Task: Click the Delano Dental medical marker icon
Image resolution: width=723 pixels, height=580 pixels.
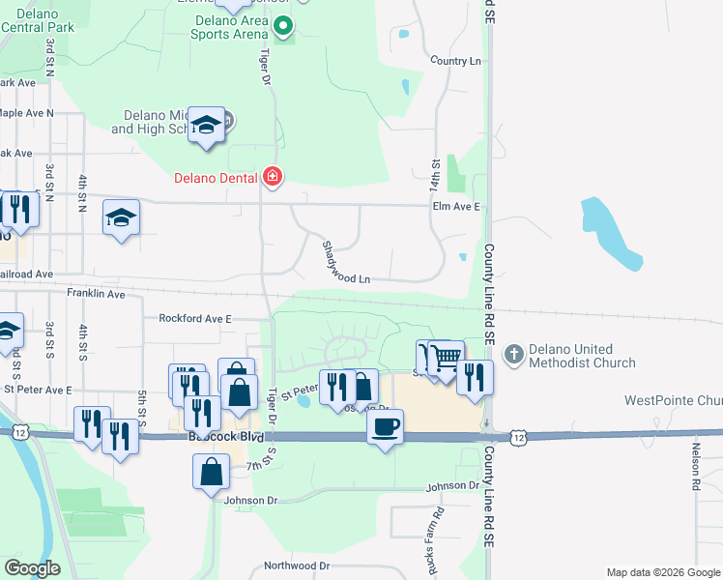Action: (273, 177)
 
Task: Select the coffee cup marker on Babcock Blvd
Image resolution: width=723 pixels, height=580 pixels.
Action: (386, 426)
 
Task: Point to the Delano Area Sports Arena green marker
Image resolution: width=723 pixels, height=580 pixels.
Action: (283, 32)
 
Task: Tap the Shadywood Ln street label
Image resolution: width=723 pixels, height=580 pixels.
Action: (346, 262)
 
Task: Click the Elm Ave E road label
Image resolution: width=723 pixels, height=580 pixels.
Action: (456, 206)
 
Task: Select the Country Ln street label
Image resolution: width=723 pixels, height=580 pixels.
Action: (455, 61)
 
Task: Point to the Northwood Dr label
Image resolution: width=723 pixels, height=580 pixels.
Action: (297, 565)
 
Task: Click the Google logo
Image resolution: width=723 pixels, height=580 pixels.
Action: (33, 567)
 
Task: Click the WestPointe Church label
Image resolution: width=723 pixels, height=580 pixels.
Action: (673, 400)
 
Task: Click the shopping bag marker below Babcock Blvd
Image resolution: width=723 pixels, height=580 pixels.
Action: (212, 474)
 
